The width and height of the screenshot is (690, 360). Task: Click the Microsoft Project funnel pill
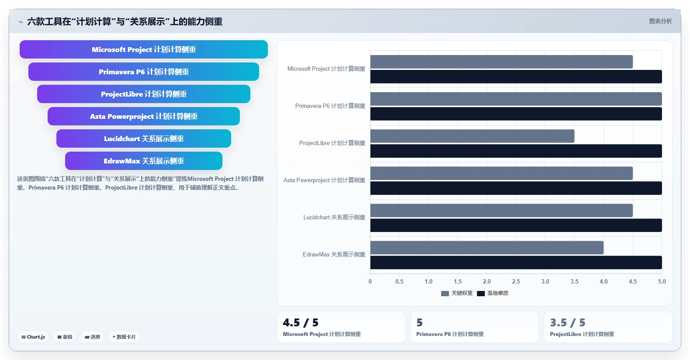[143, 49]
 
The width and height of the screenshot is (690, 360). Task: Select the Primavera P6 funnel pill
[143, 72]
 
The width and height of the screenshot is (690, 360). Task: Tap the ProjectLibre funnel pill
[143, 94]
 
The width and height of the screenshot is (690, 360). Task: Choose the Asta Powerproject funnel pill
[143, 116]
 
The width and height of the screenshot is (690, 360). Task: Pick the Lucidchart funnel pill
[143, 138]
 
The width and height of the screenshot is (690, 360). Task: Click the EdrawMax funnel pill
[143, 161]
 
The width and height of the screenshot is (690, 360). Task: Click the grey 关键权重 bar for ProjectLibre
[472, 136]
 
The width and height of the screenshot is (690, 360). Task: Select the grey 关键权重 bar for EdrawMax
[487, 248]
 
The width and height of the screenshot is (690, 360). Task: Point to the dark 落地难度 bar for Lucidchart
[516, 225]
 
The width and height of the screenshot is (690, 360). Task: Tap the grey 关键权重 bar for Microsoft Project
[502, 62]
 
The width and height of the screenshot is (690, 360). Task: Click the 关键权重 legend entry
[457, 293]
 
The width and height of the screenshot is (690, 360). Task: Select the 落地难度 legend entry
[492, 293]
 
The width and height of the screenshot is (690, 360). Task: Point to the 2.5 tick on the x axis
[516, 281]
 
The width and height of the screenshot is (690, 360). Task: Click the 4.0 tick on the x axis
[603, 281]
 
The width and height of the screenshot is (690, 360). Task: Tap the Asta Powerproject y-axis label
[324, 180]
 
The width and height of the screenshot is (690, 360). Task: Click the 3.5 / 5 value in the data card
[567, 322]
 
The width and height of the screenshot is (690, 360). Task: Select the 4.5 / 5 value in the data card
[300, 322]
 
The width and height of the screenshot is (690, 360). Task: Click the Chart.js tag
[33, 337]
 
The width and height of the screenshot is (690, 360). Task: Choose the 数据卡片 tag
[124, 337]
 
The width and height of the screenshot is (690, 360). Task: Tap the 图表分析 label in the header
[660, 21]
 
